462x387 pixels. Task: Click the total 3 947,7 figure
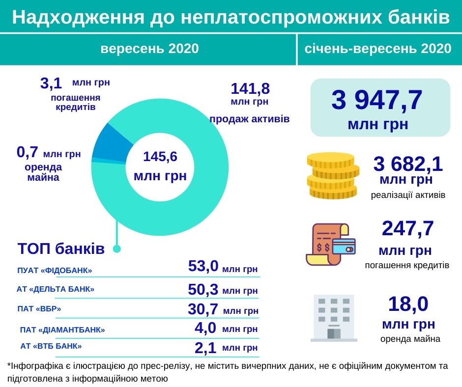(377, 101)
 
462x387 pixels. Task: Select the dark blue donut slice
(112, 141)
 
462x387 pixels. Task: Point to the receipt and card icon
(330, 244)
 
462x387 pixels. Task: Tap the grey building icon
(334, 318)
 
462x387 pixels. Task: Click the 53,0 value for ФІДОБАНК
(203, 267)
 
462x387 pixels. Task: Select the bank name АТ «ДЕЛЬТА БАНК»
(56, 289)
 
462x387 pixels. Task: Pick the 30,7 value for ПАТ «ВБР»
(202, 309)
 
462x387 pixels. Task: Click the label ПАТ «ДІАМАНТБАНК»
(62, 330)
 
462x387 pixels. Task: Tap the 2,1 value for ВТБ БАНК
(205, 348)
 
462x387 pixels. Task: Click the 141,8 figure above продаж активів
(250, 89)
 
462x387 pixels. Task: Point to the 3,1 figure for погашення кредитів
(51, 83)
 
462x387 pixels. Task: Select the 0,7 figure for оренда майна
(28, 153)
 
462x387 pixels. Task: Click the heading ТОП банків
(61, 249)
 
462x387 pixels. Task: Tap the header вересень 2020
(149, 49)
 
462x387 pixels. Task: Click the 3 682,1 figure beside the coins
(408, 164)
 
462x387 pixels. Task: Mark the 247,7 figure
(407, 229)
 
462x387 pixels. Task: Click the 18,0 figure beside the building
(408, 304)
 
